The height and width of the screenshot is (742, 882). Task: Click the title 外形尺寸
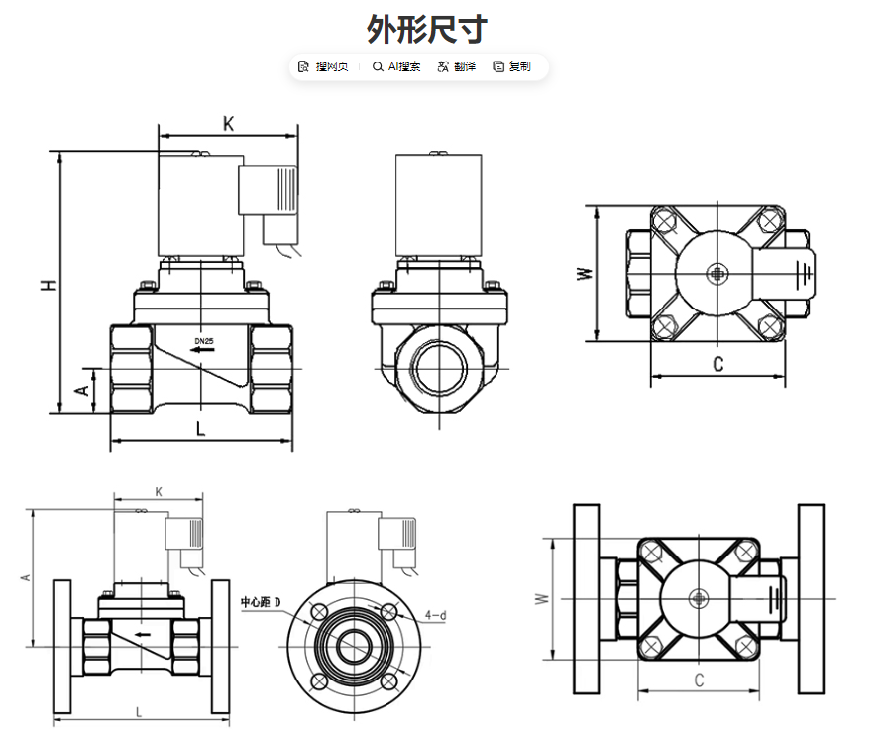(x=427, y=28)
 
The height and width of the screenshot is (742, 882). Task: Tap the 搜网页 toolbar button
(x=324, y=66)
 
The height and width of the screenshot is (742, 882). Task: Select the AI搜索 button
(x=396, y=66)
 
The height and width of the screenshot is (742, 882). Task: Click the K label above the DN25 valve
(x=228, y=124)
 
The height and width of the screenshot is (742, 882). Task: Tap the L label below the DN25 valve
(x=200, y=430)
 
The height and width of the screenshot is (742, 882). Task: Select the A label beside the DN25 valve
(x=84, y=390)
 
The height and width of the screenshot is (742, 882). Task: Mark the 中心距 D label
(x=261, y=602)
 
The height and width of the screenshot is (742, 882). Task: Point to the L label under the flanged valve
(x=138, y=711)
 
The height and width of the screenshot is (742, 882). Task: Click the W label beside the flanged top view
(x=541, y=598)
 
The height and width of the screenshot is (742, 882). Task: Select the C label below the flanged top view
(x=699, y=680)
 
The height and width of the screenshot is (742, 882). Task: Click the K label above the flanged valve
(x=159, y=491)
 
